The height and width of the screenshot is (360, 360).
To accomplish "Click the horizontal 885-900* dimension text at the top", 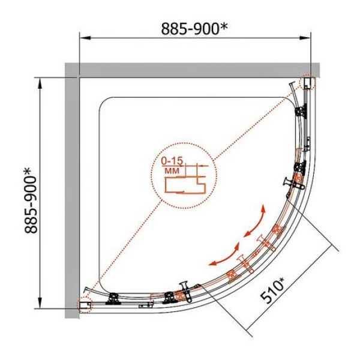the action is click(x=194, y=29).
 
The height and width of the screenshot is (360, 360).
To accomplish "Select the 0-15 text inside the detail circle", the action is click(x=172, y=161).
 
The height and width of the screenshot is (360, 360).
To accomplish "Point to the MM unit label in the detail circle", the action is click(x=172, y=171).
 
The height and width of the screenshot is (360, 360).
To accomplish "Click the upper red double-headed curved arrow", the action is click(x=256, y=223).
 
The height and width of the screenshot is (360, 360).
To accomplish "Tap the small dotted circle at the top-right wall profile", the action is click(x=307, y=82).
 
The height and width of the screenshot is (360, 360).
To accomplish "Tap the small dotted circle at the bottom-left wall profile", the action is click(x=85, y=305).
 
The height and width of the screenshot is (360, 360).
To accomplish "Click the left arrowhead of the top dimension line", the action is click(x=85, y=38).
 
